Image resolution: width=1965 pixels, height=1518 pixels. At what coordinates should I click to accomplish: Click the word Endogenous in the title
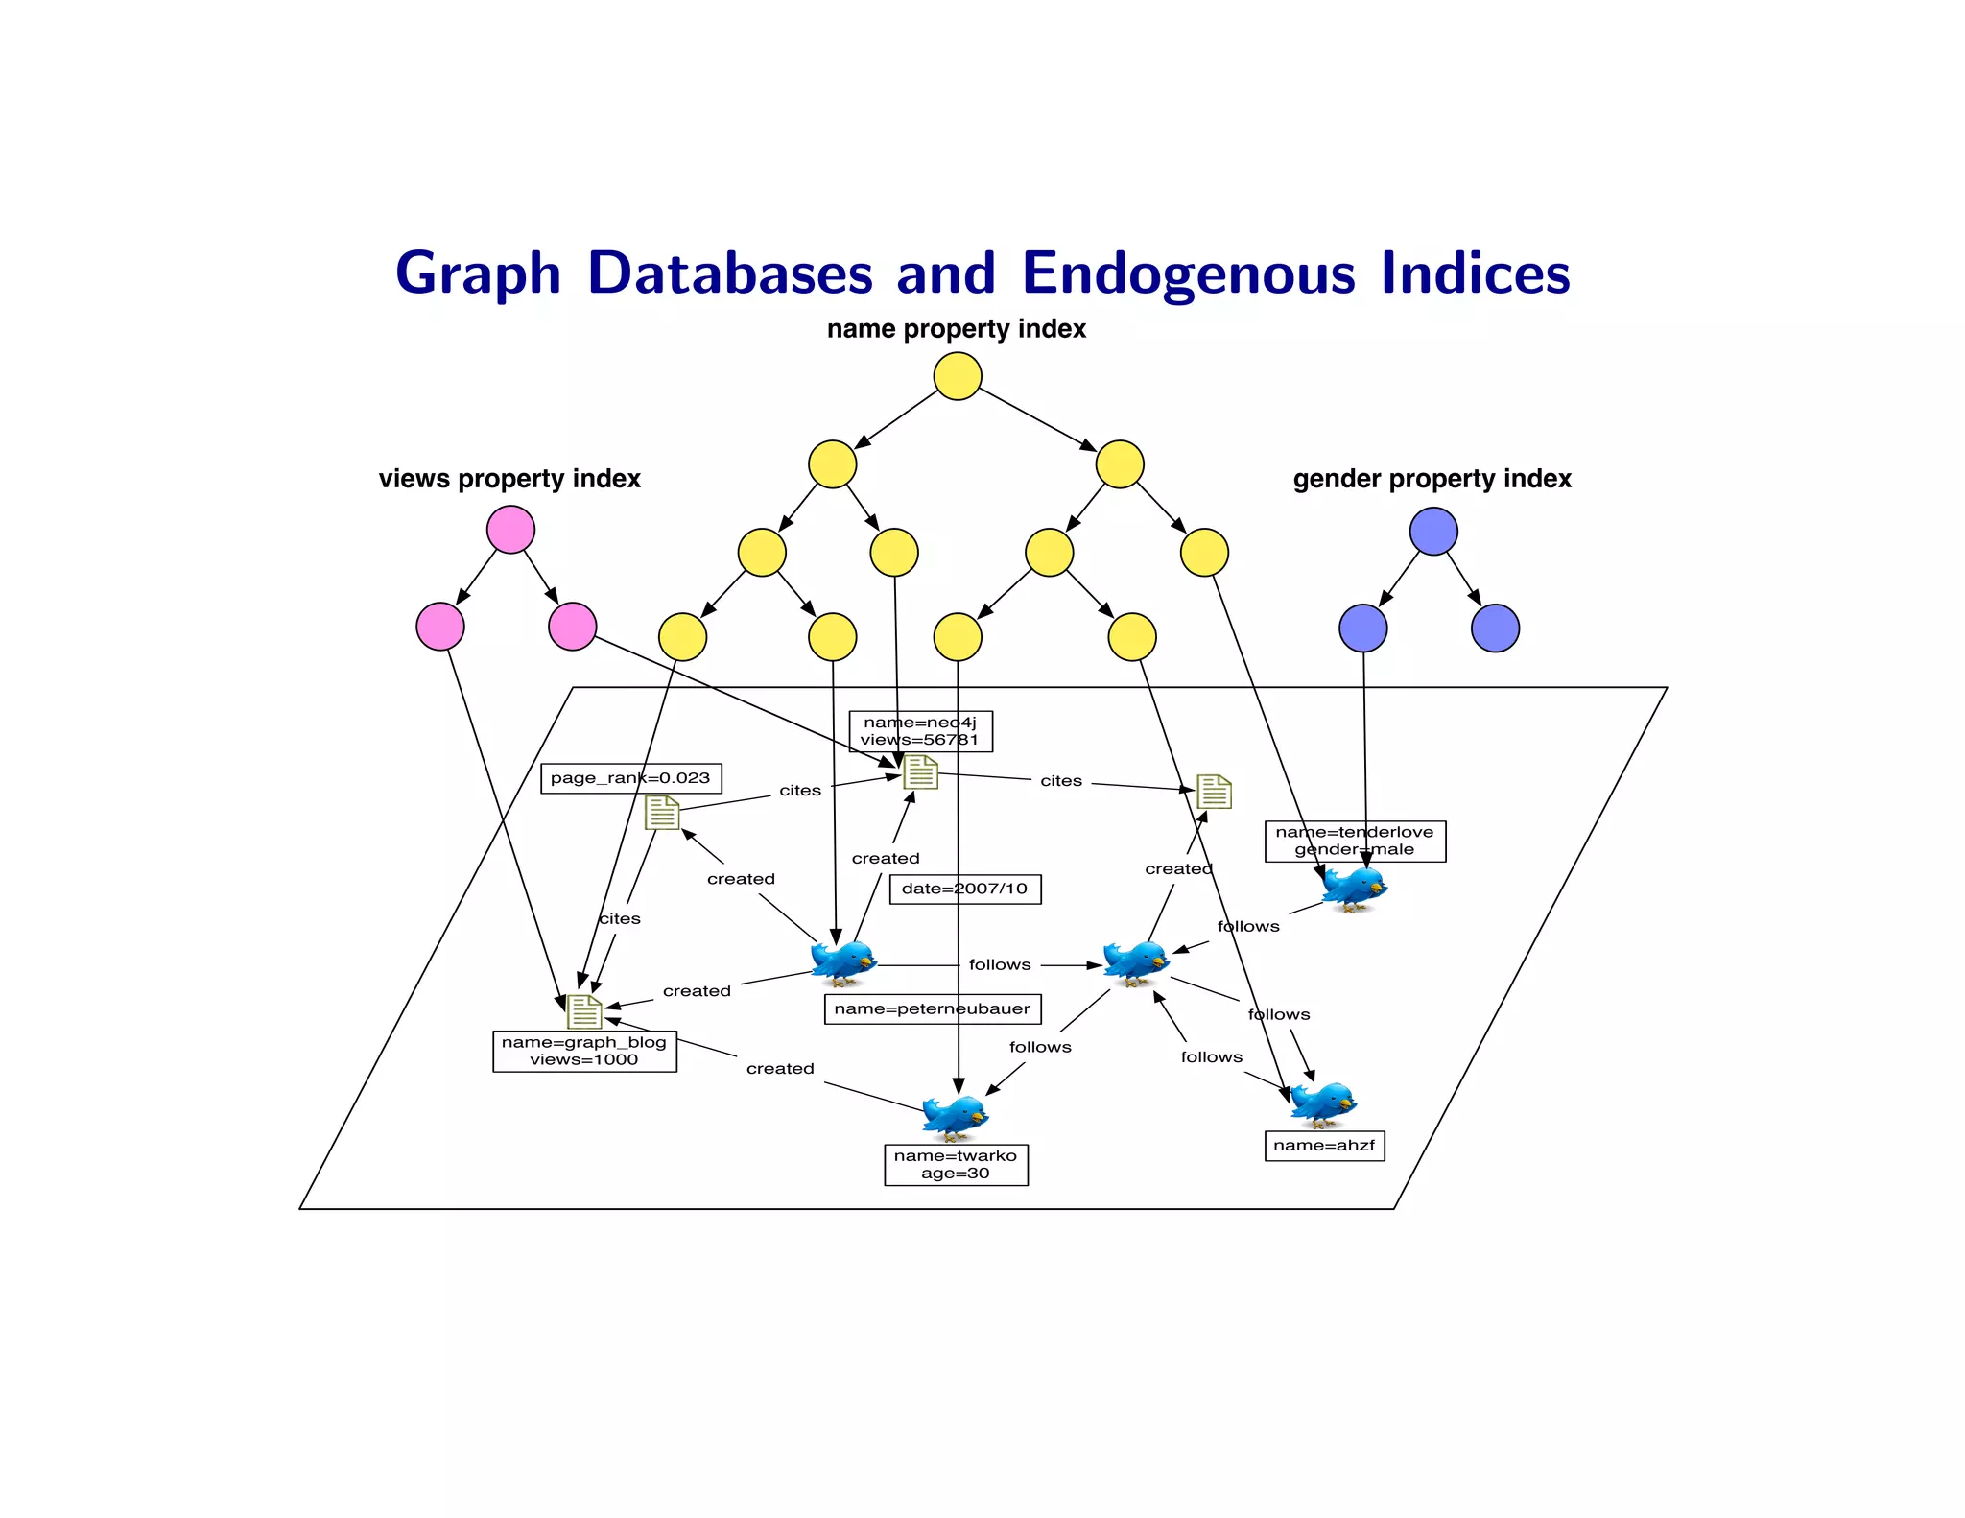point(1188,274)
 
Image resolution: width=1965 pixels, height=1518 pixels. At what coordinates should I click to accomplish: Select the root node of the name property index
point(957,376)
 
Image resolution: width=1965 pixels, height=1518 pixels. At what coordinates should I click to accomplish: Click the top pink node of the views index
point(510,530)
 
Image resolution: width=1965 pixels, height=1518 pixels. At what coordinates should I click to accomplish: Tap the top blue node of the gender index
point(1433,532)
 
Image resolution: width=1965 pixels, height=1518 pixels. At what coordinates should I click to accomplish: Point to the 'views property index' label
point(509,479)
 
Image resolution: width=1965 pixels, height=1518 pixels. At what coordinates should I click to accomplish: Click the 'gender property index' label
point(1432,479)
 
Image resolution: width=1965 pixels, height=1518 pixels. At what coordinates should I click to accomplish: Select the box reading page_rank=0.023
point(630,778)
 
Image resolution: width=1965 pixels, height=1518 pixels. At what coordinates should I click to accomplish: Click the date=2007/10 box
point(964,889)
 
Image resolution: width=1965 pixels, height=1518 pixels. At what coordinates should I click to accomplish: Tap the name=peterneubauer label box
point(932,1008)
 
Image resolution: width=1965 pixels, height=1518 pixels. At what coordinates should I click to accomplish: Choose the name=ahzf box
point(1324,1146)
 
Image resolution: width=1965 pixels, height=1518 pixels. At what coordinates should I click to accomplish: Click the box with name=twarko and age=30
point(956,1165)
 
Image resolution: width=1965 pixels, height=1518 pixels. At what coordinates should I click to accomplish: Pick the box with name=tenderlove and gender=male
point(1355,841)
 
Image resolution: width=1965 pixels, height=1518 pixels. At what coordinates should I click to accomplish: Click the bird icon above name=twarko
point(954,1115)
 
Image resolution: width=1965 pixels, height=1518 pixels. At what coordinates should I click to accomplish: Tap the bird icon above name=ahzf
point(1323,1103)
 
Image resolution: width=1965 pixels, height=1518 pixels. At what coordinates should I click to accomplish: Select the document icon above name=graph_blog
point(584,1010)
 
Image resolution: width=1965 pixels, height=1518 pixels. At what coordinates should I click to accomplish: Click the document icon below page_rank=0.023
point(662,813)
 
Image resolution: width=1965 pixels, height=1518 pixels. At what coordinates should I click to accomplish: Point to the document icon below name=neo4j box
point(920,771)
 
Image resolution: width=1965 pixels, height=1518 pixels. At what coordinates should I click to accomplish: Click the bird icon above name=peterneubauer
point(843,961)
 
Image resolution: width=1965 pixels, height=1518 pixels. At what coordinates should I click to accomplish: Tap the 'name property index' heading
point(956,329)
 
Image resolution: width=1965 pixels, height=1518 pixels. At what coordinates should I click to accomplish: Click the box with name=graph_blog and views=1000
point(584,1052)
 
